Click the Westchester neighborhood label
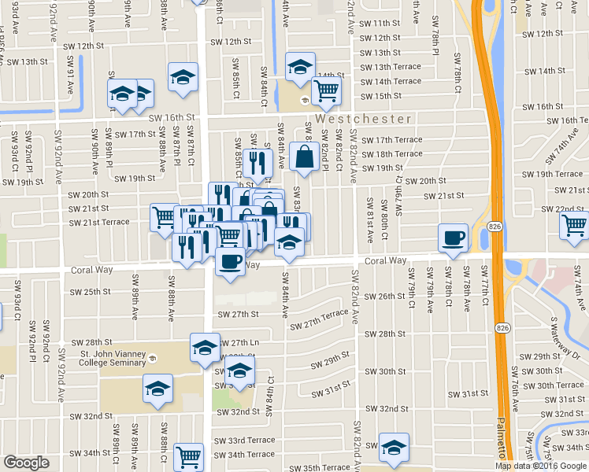(364, 119)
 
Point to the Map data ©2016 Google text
(540, 466)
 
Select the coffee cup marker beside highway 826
(453, 237)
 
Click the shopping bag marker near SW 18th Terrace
(304, 157)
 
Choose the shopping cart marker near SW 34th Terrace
(188, 455)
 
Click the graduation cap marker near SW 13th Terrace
(299, 67)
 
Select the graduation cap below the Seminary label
(157, 388)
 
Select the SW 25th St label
(91, 292)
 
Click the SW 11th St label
(380, 24)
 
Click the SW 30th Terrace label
(559, 385)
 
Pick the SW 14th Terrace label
(390, 81)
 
